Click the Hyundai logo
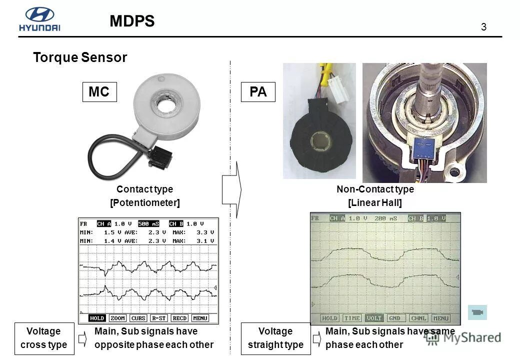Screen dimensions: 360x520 coord(39,20)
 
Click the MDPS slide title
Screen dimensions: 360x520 coord(132,21)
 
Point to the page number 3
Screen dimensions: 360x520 coord(483,27)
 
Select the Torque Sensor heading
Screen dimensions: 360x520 coord(80,57)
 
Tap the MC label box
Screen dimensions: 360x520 coord(99,92)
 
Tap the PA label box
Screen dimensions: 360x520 coord(258,92)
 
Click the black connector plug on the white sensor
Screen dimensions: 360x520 coord(160,157)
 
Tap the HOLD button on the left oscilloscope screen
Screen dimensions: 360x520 coord(97,318)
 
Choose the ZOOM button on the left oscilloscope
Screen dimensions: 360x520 coord(118,318)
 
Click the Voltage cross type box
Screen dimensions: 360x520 coord(43,338)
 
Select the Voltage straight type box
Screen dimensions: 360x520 coord(275,338)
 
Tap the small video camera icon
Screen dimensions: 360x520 coord(477,312)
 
